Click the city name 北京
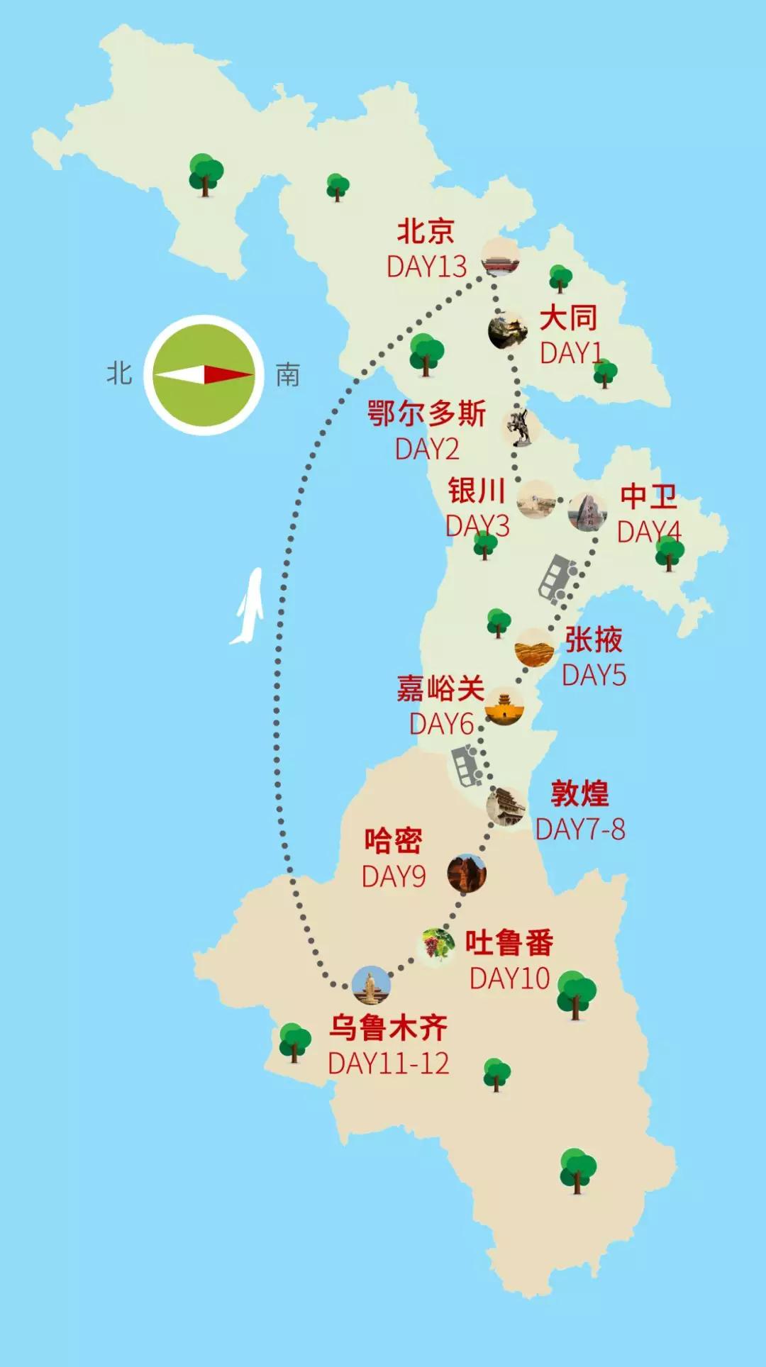click(x=425, y=231)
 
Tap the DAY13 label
click(x=426, y=267)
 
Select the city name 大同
click(x=568, y=318)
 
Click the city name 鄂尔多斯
click(x=426, y=414)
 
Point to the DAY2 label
click(x=426, y=450)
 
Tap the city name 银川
click(x=476, y=491)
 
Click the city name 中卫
click(x=648, y=496)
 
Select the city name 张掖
click(x=594, y=640)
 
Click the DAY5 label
click(x=594, y=676)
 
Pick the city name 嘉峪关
click(x=440, y=688)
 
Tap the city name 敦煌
click(x=579, y=793)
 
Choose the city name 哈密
click(x=393, y=841)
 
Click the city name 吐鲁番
click(x=509, y=943)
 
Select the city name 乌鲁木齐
click(x=388, y=1027)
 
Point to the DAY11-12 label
click(x=388, y=1064)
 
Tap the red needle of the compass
click(x=228, y=374)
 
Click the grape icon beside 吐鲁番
click(x=435, y=944)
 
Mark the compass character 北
click(x=119, y=373)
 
